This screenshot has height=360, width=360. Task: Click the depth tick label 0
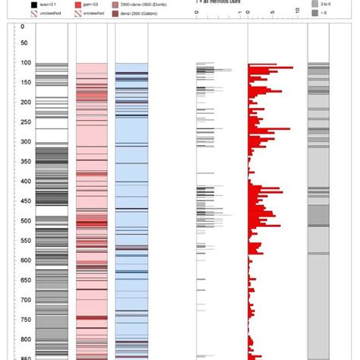click(x=23, y=27)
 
